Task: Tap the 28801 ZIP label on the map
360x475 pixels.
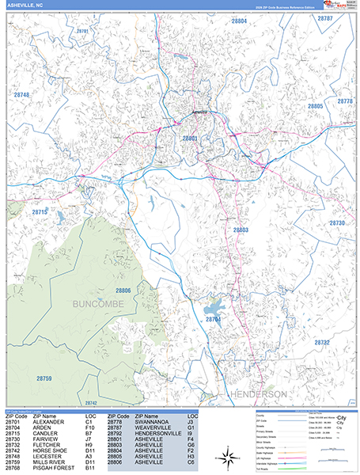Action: pos(191,138)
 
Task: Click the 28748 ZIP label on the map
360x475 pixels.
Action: pos(21,95)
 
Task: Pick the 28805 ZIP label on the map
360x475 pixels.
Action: pos(316,105)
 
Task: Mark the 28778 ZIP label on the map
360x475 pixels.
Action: pos(345,101)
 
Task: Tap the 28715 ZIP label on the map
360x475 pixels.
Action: pos(40,212)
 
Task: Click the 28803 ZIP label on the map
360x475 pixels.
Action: pos(241,230)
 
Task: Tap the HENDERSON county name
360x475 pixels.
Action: pos(259,393)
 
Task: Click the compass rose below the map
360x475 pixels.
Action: pos(228,454)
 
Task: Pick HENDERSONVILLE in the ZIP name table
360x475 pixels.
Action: pos(161,434)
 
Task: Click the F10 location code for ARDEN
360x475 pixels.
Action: pos(89,428)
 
